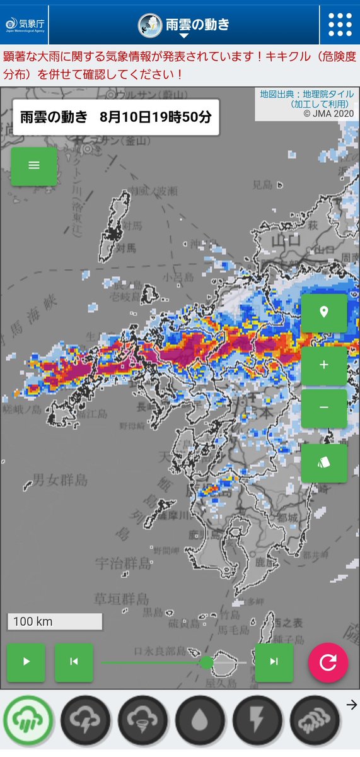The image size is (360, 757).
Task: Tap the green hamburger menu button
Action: (x=34, y=165)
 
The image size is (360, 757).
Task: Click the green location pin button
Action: (x=324, y=313)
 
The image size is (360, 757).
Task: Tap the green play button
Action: (x=26, y=662)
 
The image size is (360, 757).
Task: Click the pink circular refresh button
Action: (x=328, y=662)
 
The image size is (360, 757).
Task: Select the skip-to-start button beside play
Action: (x=74, y=662)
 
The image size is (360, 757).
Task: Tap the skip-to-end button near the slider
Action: (x=274, y=662)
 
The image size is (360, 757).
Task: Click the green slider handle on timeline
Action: (x=206, y=662)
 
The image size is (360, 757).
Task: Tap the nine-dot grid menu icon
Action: (x=340, y=25)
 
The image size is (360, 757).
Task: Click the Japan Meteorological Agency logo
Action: (x=24, y=25)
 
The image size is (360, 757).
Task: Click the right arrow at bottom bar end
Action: (x=352, y=705)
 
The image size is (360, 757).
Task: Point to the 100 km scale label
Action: (x=54, y=621)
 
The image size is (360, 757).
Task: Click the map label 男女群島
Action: (x=61, y=480)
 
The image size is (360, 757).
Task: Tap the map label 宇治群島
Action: (x=124, y=563)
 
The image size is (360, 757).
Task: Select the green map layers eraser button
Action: (x=324, y=463)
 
